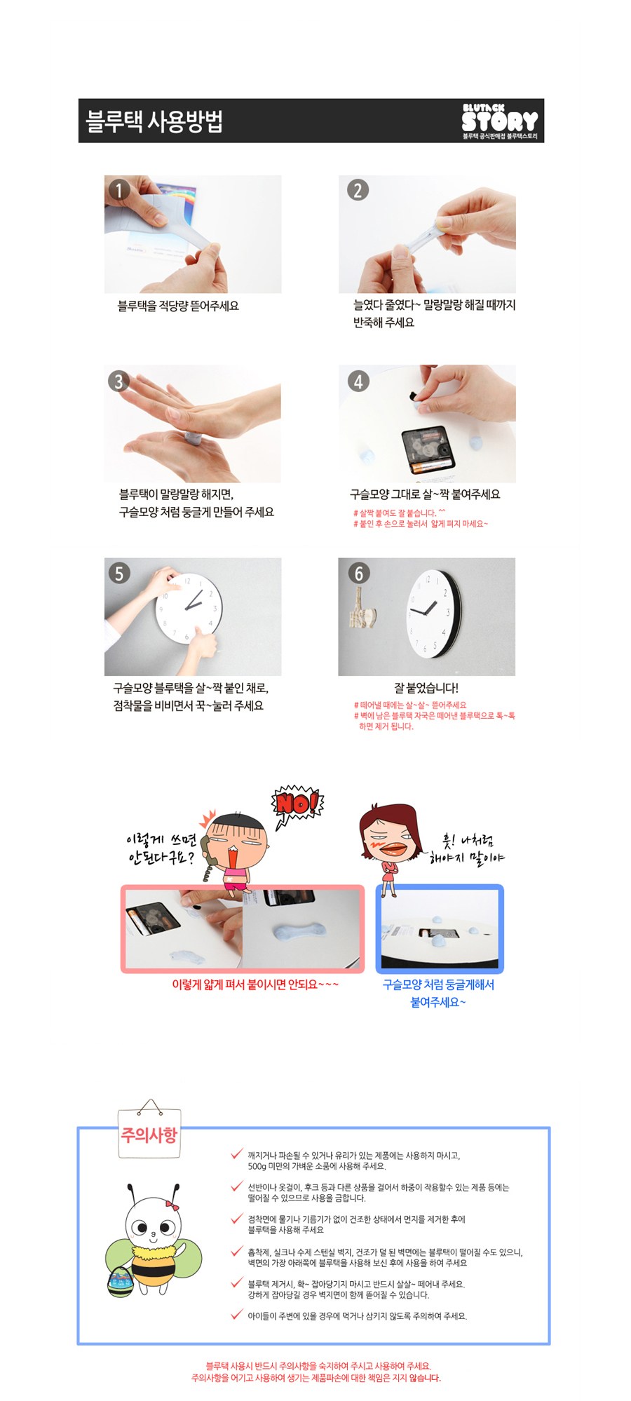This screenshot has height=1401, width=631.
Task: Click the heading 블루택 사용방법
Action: (x=154, y=121)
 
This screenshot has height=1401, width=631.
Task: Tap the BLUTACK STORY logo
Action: (x=500, y=121)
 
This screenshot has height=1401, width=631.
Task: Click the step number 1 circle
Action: (x=119, y=190)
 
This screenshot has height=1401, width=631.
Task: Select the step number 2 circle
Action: (x=358, y=190)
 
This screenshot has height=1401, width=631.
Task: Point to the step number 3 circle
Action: (x=118, y=381)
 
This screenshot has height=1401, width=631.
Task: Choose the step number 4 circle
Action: (x=358, y=381)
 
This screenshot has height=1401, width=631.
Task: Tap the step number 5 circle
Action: (x=118, y=573)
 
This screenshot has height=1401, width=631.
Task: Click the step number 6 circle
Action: (x=358, y=573)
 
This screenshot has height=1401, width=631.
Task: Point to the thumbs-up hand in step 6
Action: (x=363, y=611)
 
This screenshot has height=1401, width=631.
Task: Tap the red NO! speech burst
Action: (x=297, y=804)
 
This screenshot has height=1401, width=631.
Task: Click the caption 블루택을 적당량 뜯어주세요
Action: (x=178, y=306)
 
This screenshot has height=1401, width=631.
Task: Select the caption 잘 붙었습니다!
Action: (x=426, y=688)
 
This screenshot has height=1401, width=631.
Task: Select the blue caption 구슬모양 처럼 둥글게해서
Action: (x=438, y=984)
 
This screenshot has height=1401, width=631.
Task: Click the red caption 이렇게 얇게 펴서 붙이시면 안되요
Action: (x=255, y=984)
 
